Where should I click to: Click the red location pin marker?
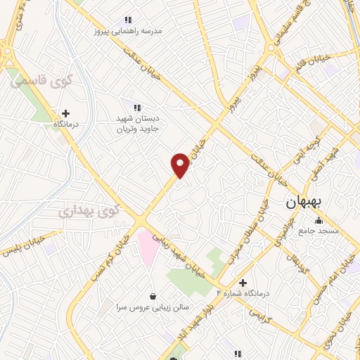tap(181, 164)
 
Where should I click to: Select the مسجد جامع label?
tap(318, 231)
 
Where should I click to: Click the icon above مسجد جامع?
tap(318, 221)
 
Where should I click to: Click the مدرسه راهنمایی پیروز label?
tap(131, 31)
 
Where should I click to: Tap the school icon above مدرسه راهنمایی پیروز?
tap(127, 20)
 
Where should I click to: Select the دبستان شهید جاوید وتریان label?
tap(139, 124)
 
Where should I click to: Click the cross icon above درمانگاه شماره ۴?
tap(243, 283)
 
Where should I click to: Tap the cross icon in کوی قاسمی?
tap(65, 113)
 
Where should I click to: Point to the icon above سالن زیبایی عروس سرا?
tap(153, 297)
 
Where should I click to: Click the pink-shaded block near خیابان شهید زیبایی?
tap(148, 247)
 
